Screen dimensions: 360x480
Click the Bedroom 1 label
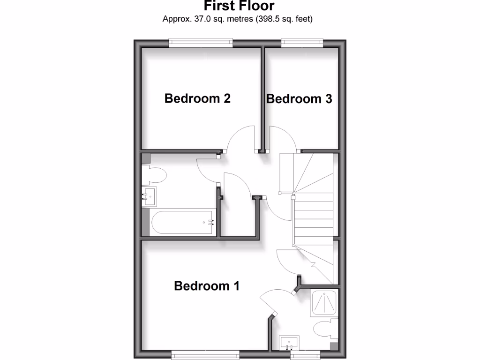[207, 285]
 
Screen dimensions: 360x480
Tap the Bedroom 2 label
[197, 98]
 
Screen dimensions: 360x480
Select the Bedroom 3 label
[299, 99]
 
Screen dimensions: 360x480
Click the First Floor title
[239, 6]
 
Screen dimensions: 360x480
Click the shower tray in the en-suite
[324, 303]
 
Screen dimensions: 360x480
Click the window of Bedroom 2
[201, 43]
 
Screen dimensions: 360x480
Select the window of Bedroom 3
[302, 43]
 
